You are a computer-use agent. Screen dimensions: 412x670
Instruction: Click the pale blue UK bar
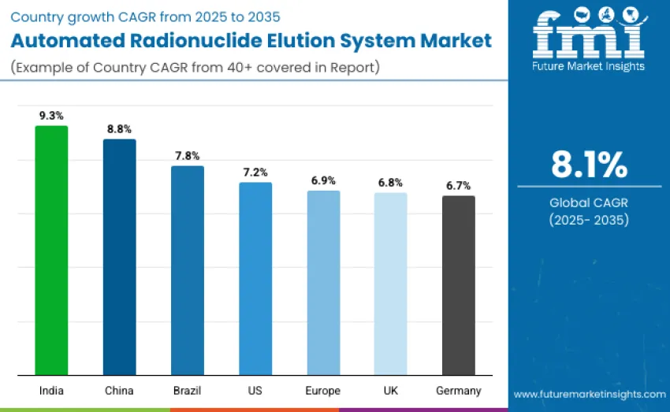tap(390, 284)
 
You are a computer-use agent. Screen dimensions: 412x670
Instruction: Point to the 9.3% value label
tap(51, 116)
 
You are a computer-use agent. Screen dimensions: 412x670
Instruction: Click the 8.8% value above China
tap(119, 128)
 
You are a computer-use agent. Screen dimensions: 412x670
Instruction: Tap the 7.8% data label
tap(188, 155)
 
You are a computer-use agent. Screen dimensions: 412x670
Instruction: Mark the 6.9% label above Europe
tap(323, 180)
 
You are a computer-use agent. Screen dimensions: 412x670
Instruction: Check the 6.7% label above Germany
tap(458, 186)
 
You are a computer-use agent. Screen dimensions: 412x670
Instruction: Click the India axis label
tap(51, 391)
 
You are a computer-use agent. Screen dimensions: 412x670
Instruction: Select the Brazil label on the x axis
tap(188, 391)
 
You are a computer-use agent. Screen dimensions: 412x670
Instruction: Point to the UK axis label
tap(390, 391)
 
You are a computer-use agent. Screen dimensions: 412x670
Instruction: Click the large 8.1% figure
tap(589, 165)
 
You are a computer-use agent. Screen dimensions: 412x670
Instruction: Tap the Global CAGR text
tap(589, 202)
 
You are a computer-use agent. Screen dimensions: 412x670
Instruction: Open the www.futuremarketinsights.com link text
tap(589, 394)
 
